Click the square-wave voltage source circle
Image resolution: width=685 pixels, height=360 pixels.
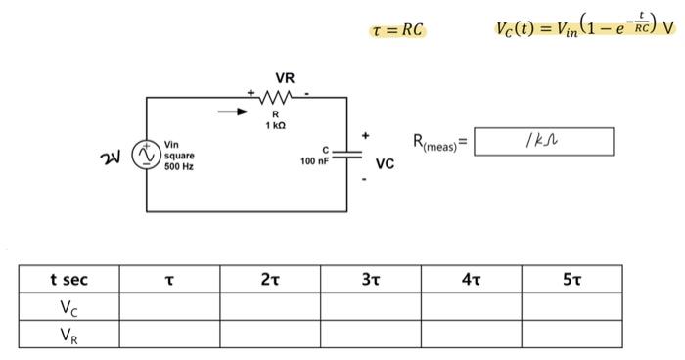pyautogui.click(x=147, y=155)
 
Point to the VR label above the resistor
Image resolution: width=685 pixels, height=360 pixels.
pyautogui.click(x=285, y=77)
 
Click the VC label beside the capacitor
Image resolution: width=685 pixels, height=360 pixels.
pyautogui.click(x=384, y=164)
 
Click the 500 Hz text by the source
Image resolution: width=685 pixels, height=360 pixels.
pyautogui.click(x=179, y=167)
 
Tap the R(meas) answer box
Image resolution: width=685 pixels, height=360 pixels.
pyautogui.click(x=543, y=143)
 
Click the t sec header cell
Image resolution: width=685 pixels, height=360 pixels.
pyautogui.click(x=68, y=280)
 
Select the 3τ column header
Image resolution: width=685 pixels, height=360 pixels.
pyautogui.click(x=370, y=280)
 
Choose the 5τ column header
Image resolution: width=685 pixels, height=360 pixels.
pyautogui.click(x=571, y=280)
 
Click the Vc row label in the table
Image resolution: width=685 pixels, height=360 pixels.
pyautogui.click(x=68, y=307)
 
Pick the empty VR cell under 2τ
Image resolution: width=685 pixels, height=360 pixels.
pyautogui.click(x=269, y=335)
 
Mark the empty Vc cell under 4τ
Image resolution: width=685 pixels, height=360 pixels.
pyautogui.click(x=471, y=307)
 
